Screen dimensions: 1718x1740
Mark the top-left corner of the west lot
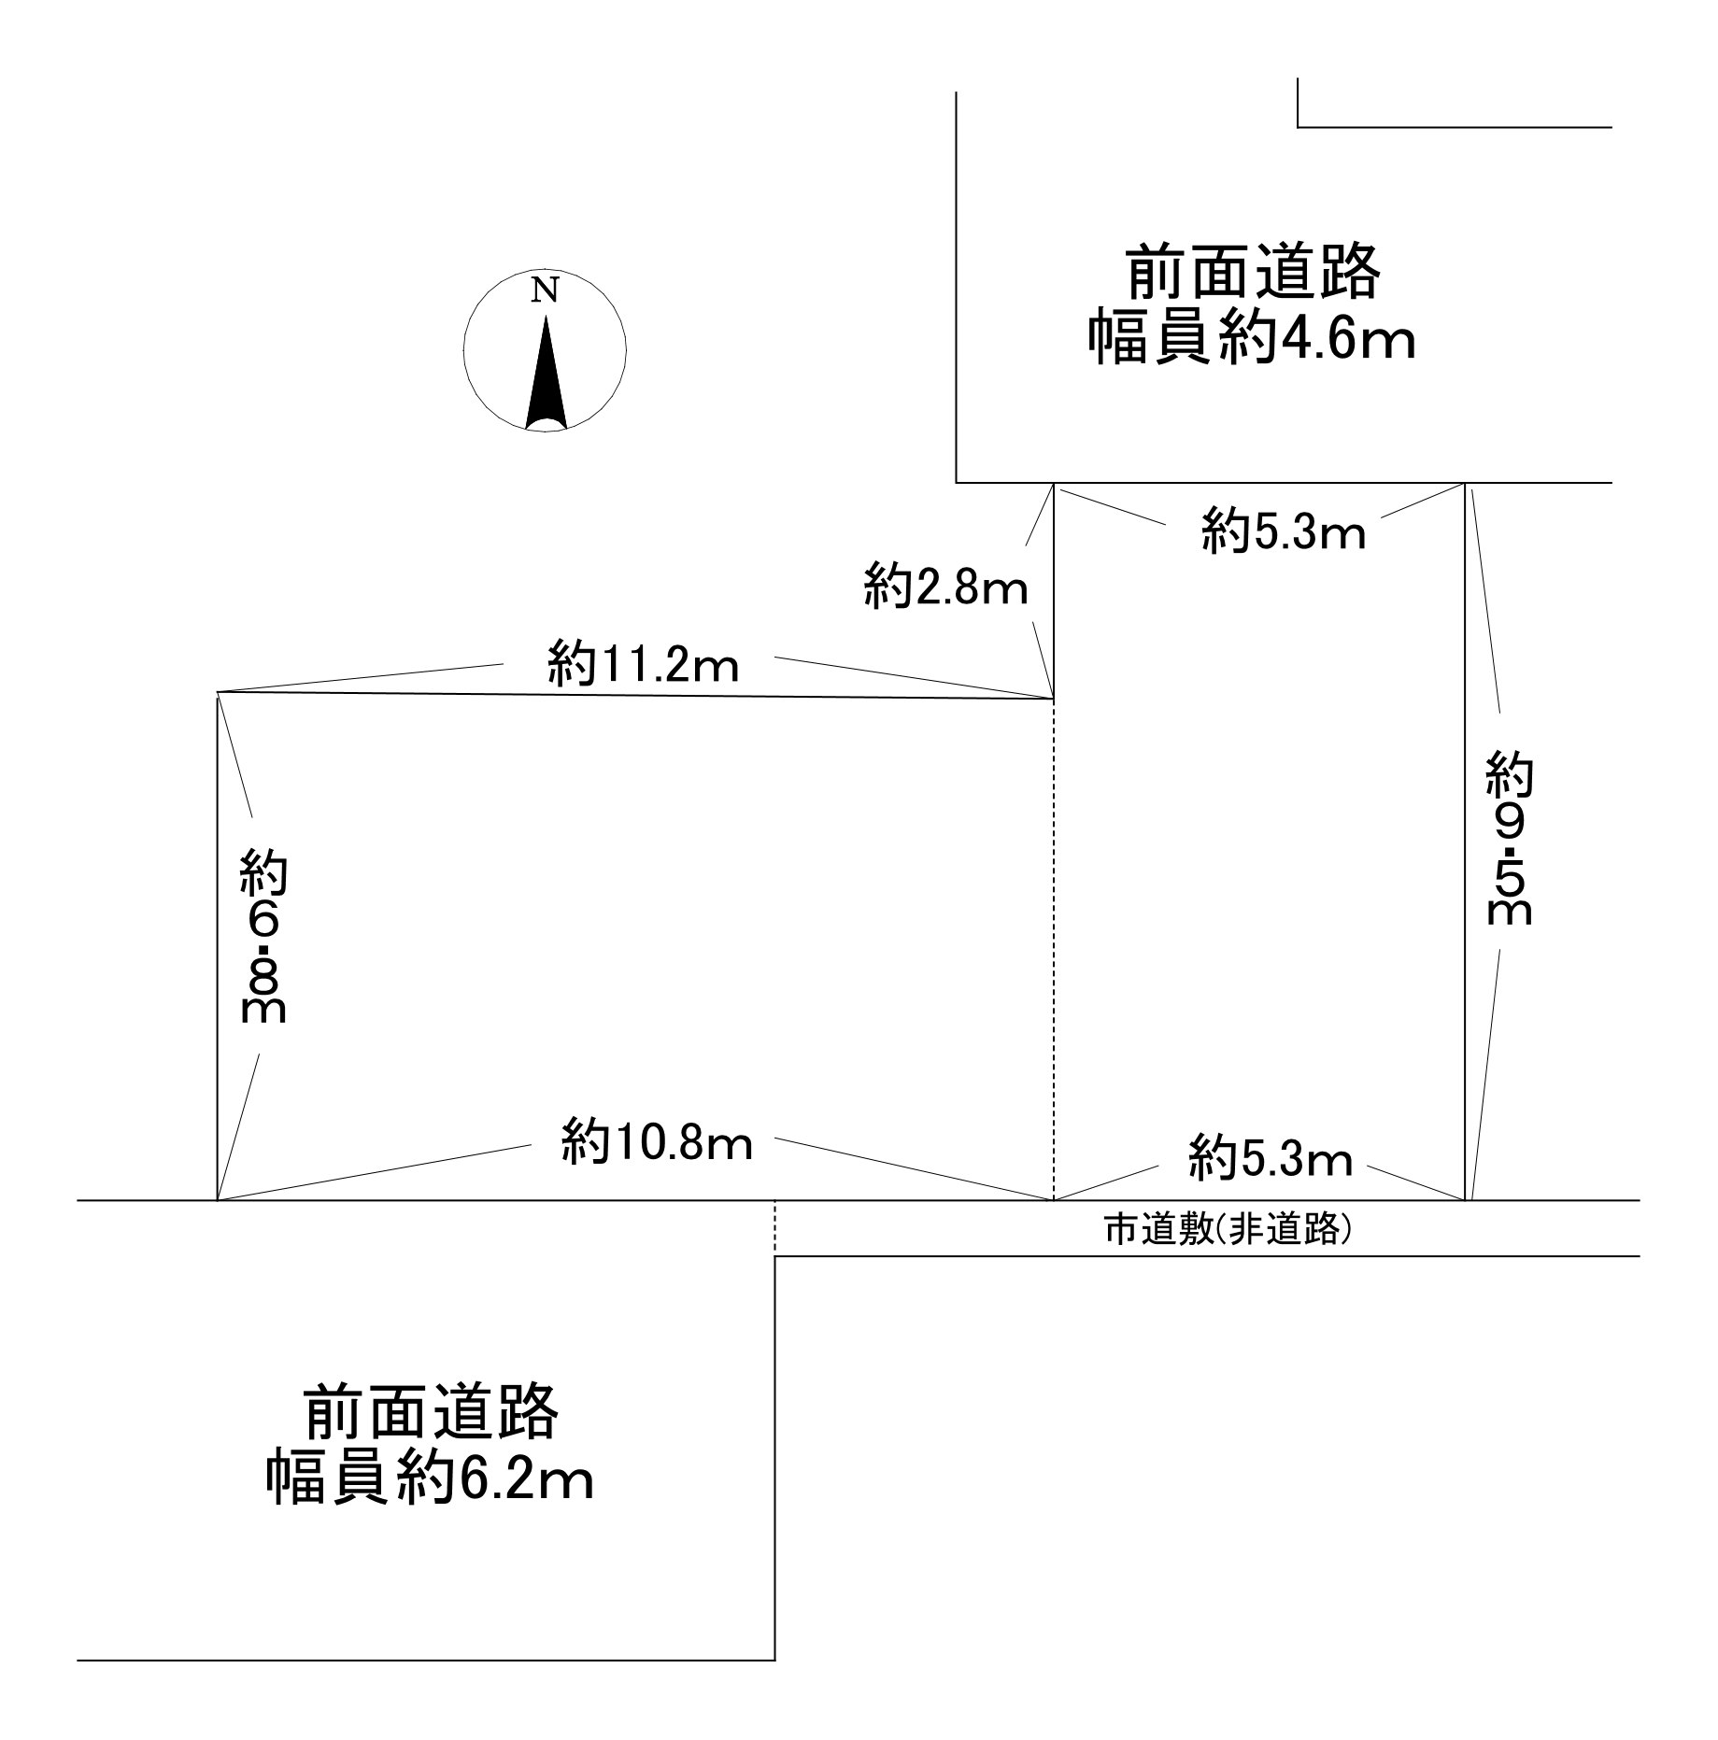click(218, 691)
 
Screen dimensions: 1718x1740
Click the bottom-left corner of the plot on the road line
click(218, 1200)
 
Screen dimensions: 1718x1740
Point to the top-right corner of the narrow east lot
click(1464, 483)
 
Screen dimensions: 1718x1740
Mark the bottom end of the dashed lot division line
click(1054, 1200)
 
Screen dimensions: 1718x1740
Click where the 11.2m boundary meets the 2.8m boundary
click(1054, 698)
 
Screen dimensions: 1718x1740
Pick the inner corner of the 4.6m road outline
click(956, 483)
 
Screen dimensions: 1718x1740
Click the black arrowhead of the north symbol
click(547, 373)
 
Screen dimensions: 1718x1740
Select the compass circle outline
click(546, 351)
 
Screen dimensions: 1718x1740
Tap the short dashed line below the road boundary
click(774, 1227)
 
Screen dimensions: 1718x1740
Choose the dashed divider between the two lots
click(1054, 949)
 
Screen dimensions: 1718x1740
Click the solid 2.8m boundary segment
click(1054, 590)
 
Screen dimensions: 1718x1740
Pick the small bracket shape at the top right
click(1455, 103)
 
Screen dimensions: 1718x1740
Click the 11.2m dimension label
click(644, 664)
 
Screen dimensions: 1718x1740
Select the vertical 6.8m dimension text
click(263, 936)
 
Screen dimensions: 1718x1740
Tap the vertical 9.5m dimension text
click(1510, 838)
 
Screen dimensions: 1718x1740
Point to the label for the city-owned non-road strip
click(1228, 1230)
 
